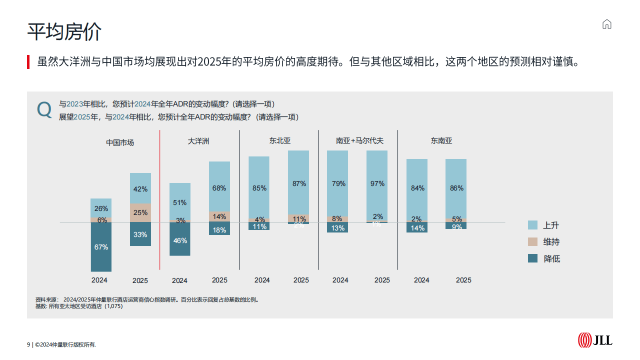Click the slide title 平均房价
point(64,31)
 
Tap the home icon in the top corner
point(607,24)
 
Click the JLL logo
point(595,340)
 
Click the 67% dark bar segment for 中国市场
point(101,247)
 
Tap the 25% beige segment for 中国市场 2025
point(140,213)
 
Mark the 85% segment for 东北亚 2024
point(259,187)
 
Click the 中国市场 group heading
point(120,142)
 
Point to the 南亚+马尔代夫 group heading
point(359,141)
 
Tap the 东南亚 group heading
point(441,141)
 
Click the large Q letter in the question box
point(44,109)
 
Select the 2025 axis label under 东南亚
point(463,280)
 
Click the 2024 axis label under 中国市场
point(99,280)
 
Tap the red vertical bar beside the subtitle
point(28,62)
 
